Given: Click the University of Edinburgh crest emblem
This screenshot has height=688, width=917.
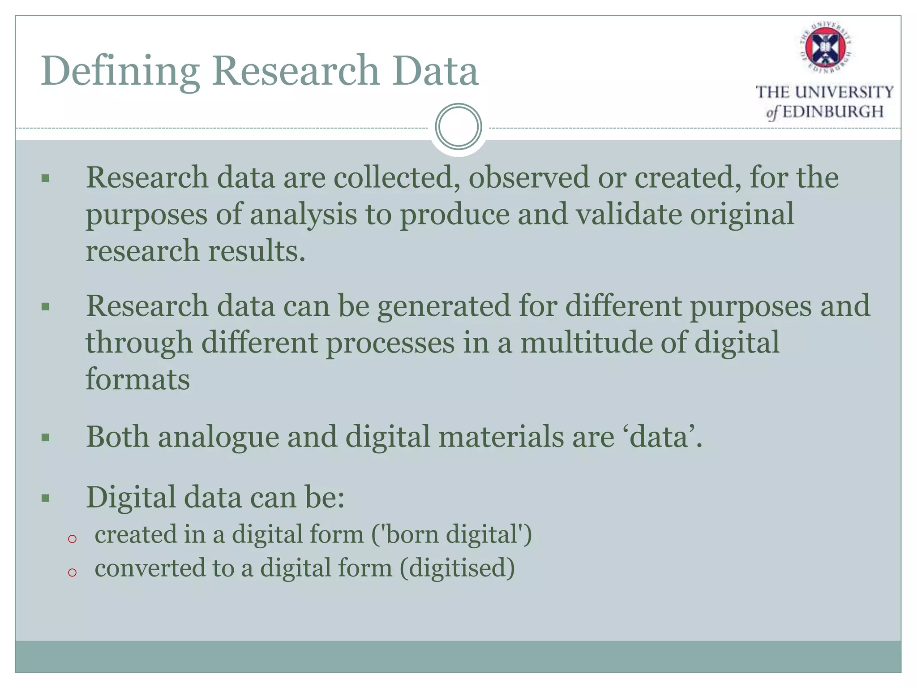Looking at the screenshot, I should tap(825, 47).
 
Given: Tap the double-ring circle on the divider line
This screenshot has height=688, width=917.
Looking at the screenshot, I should tap(458, 127).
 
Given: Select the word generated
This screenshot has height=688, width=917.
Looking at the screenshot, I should tap(444, 307).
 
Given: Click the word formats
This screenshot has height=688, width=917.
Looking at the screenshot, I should tap(138, 379).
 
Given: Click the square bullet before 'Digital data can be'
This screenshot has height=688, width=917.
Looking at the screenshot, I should tap(45, 498).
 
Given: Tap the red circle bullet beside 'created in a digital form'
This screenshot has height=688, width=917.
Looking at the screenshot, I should tap(73, 539).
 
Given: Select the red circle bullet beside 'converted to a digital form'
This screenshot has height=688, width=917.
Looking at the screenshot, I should tap(73, 572).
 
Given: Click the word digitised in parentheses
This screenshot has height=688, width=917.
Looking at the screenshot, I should tap(457, 568).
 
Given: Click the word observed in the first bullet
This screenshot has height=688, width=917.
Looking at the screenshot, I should tap(528, 177).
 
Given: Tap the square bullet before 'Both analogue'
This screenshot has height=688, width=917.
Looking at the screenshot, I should tap(45, 437).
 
